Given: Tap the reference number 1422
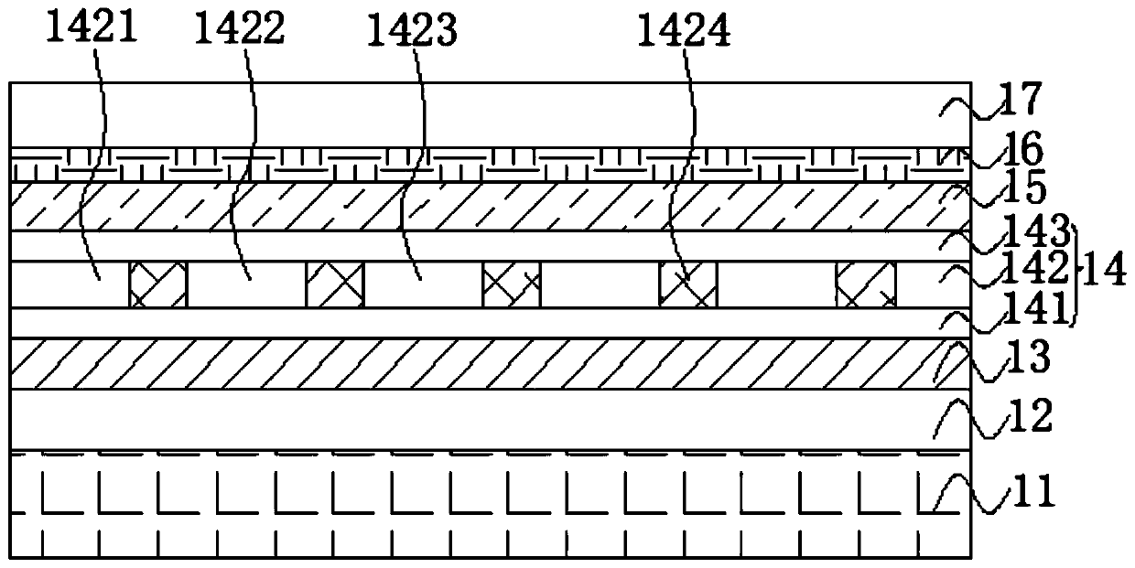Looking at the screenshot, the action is pyautogui.click(x=241, y=30).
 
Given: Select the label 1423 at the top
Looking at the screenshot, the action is pyautogui.click(x=412, y=32).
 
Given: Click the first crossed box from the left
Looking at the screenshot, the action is pyautogui.click(x=157, y=284).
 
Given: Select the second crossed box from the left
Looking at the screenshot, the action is pyautogui.click(x=334, y=284).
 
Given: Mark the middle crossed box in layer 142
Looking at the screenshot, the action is pyautogui.click(x=511, y=284).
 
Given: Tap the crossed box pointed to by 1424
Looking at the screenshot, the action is pyautogui.click(x=687, y=284).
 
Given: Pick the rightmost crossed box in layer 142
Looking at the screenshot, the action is pyautogui.click(x=865, y=284).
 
